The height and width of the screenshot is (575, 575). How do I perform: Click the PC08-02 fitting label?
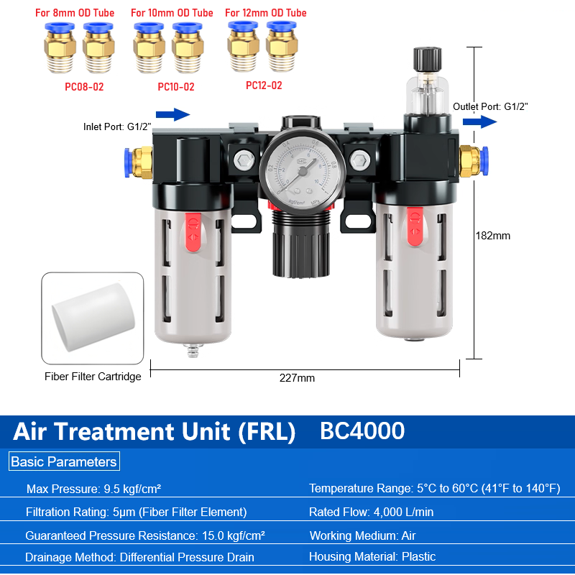pos(84,87)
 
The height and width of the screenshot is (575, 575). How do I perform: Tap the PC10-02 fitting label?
pos(176,87)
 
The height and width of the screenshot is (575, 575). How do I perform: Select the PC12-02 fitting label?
pos(264,86)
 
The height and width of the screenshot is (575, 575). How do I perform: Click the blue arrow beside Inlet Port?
pos(172,114)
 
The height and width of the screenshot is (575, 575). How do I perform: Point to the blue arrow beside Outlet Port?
pos(479,121)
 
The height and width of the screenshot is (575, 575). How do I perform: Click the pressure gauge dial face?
pos(303,172)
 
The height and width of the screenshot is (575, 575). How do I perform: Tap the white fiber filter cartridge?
pos(93,317)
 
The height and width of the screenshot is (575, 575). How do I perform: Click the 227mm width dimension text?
pos(297,378)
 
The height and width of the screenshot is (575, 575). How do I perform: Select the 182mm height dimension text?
pos(492,236)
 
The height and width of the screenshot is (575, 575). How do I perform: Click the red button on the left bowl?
pos(193,232)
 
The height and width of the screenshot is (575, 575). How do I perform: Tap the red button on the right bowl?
pos(415,226)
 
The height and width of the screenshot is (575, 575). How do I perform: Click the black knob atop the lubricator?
pos(427,59)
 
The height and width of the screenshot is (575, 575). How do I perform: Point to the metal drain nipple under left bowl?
pos(193,349)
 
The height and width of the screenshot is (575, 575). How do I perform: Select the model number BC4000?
pos(362,431)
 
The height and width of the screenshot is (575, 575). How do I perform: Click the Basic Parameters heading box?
pos(64,461)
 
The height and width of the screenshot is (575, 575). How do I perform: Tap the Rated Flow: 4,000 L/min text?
pos(371,512)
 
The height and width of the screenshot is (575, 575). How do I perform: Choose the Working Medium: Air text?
pos(363,535)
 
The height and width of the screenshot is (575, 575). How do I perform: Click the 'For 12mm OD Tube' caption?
pos(265,13)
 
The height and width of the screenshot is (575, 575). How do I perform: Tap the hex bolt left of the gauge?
pos(244,160)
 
